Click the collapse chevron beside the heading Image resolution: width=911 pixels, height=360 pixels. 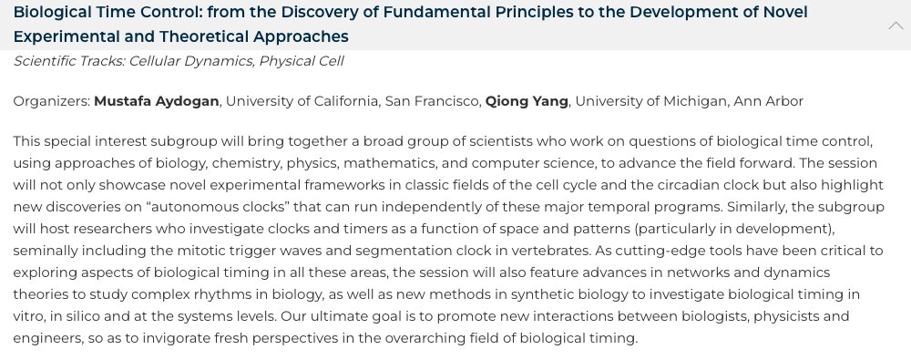(895, 26)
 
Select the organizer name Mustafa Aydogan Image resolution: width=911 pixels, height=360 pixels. (157, 101)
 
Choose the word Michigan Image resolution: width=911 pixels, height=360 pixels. (689, 101)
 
